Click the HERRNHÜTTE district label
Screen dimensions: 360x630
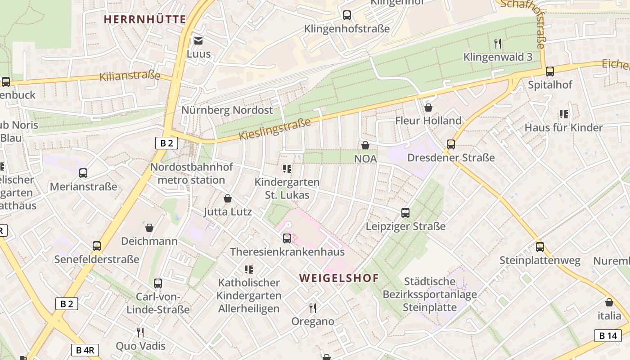(x=144, y=19)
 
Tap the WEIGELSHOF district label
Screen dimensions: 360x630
(x=339, y=278)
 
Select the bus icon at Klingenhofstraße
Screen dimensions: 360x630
(x=346, y=15)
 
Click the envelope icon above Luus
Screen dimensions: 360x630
(x=198, y=41)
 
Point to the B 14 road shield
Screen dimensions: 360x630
(x=607, y=335)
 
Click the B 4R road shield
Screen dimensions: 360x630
(x=85, y=350)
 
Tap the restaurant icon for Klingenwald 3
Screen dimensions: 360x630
(x=498, y=44)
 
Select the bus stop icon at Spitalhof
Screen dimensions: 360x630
(x=549, y=71)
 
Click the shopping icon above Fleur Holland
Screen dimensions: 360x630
(x=428, y=108)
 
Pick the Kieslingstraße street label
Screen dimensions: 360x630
(x=274, y=129)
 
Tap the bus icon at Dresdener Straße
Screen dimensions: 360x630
(x=450, y=144)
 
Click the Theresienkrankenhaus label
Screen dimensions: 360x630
(x=287, y=252)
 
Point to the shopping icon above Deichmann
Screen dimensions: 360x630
(x=149, y=228)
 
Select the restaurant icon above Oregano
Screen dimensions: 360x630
(x=313, y=308)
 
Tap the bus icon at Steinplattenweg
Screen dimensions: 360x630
(x=540, y=247)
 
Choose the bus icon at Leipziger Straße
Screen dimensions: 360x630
(x=405, y=213)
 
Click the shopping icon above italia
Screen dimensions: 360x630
(x=609, y=302)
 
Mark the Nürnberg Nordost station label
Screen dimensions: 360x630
(x=227, y=110)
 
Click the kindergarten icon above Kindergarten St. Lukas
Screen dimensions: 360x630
(x=287, y=169)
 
